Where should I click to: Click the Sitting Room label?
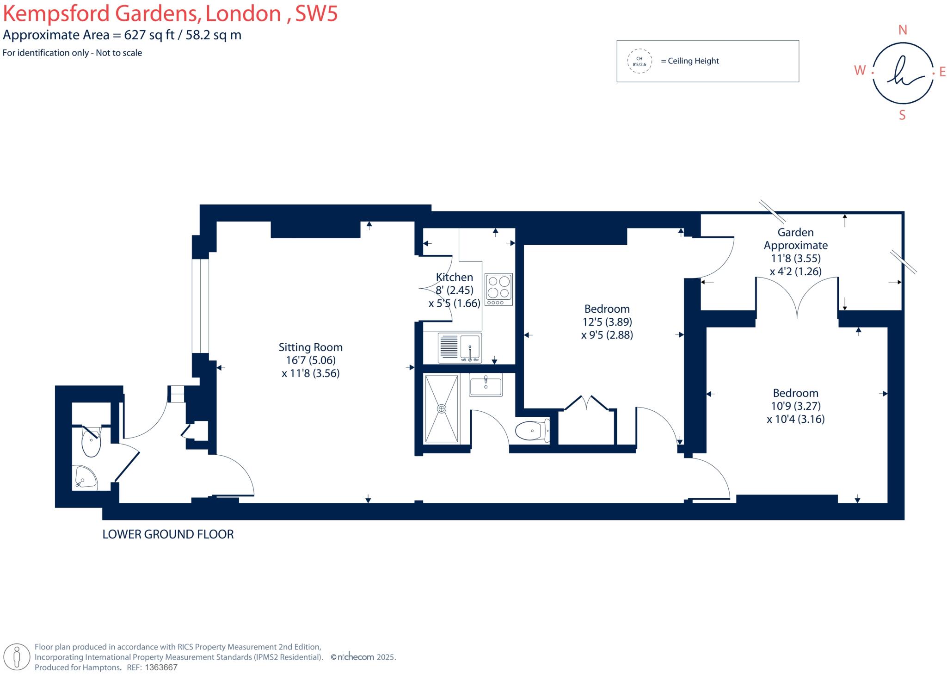click(310, 347)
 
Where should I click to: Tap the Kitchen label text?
click(454, 277)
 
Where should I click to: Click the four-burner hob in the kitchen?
click(498, 289)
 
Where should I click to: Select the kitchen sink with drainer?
click(459, 348)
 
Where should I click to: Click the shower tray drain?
click(442, 408)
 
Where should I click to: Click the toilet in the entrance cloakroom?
click(91, 442)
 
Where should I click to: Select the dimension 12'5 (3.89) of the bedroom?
click(607, 322)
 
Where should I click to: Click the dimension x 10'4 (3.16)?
click(795, 419)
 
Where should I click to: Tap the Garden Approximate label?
click(795, 239)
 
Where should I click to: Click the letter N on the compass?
click(902, 30)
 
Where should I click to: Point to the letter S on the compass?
click(902, 116)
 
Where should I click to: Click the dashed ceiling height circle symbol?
click(640, 61)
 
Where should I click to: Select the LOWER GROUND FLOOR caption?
click(168, 534)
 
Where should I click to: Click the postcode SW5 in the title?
click(316, 14)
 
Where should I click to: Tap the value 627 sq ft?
click(149, 35)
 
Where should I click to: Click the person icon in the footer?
click(17, 657)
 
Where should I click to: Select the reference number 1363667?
click(161, 668)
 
